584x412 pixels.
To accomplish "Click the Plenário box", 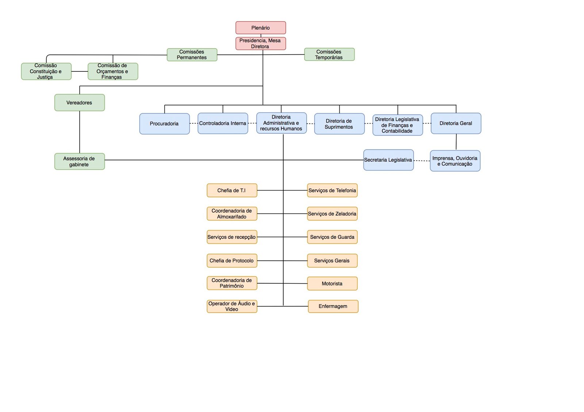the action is click(x=261, y=28).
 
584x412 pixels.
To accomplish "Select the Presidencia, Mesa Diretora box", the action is click(x=261, y=43).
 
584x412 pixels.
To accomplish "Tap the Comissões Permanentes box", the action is click(x=192, y=55).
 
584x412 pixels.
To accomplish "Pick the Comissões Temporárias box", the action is click(x=329, y=54).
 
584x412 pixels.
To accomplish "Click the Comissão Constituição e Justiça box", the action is click(x=46, y=71).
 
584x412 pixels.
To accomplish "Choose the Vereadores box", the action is click(x=80, y=102).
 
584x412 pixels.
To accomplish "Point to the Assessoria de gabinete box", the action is click(x=80, y=162).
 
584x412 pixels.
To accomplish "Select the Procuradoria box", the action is click(x=165, y=124).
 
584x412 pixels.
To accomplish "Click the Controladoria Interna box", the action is click(x=223, y=124).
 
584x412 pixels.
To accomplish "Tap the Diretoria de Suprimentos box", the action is click(x=339, y=124).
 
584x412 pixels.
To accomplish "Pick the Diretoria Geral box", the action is click(x=456, y=124).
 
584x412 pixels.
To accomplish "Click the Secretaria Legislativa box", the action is click(x=388, y=160).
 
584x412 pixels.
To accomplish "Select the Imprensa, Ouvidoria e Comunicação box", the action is click(x=455, y=161).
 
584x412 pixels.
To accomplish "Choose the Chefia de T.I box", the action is click(x=232, y=190).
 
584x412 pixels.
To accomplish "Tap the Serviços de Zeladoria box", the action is click(x=332, y=214).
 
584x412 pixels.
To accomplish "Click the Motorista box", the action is click(x=332, y=283).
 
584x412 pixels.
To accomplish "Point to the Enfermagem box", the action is click(x=333, y=306).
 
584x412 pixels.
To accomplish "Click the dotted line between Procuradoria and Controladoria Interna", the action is click(x=194, y=124).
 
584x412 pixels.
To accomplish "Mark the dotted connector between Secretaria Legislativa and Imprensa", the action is click(x=422, y=161).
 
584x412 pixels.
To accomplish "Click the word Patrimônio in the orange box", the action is click(x=231, y=286).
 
